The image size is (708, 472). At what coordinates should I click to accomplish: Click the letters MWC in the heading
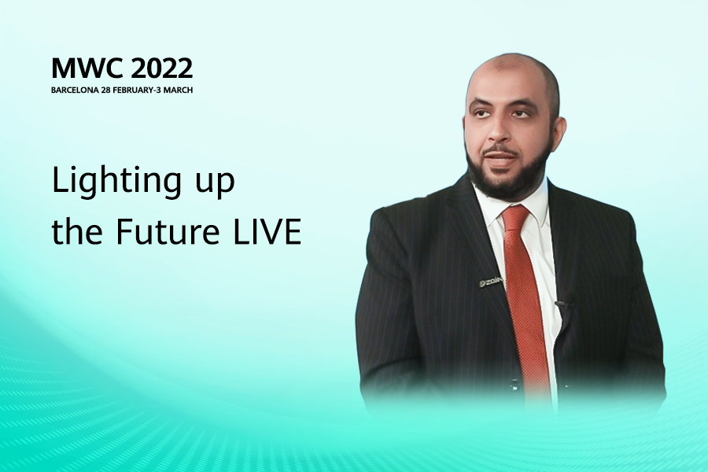pos(87,68)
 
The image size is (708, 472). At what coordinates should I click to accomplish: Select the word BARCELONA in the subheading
pos(75,90)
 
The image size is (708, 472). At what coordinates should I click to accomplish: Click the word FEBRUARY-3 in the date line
pos(137,90)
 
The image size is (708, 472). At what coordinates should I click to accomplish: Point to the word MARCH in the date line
pos(178,90)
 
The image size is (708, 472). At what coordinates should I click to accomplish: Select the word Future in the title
pos(168,232)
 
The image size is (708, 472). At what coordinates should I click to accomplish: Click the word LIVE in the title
pos(267,232)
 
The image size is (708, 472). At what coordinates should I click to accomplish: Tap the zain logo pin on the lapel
pos(491,282)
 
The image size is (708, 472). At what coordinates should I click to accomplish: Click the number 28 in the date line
pos(105,90)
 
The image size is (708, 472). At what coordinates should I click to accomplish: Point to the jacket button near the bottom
pos(514,386)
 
